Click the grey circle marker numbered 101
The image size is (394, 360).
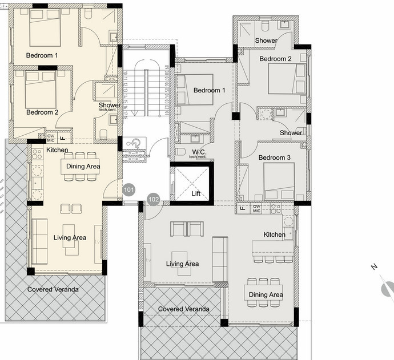128,189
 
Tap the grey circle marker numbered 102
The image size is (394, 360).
153,199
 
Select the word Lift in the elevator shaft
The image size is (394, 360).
196,194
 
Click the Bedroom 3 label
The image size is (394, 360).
275,157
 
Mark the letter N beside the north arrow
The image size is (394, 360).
373,267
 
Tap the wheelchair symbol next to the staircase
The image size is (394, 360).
133,143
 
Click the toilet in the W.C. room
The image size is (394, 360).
180,152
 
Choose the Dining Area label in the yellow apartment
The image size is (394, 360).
83,167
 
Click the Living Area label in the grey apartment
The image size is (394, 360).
182,264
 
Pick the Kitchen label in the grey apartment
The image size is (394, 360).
274,234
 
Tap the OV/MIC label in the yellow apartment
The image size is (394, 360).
50,137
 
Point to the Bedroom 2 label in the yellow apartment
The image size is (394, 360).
42,112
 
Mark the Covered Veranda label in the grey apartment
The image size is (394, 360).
183,309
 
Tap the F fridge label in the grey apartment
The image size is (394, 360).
243,209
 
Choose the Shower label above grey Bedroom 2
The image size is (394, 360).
266,41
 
